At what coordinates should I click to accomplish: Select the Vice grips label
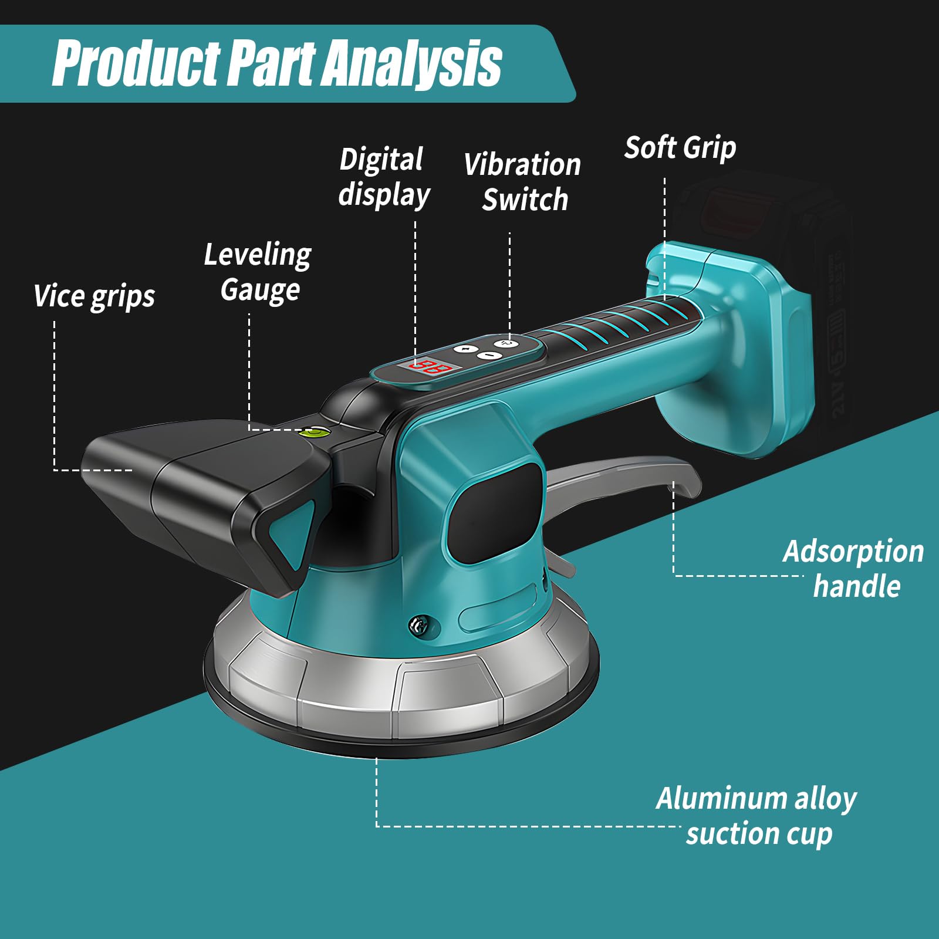[x=94, y=296]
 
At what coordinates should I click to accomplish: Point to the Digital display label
[x=384, y=177]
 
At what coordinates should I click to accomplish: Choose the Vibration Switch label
[x=522, y=182]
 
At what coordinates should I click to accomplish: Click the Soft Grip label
[x=680, y=147]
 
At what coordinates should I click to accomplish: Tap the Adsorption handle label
[x=854, y=569]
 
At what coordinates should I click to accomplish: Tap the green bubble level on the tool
[x=315, y=433]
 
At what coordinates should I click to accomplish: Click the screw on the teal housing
[x=420, y=624]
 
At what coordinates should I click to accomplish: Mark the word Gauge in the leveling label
[x=260, y=290]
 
